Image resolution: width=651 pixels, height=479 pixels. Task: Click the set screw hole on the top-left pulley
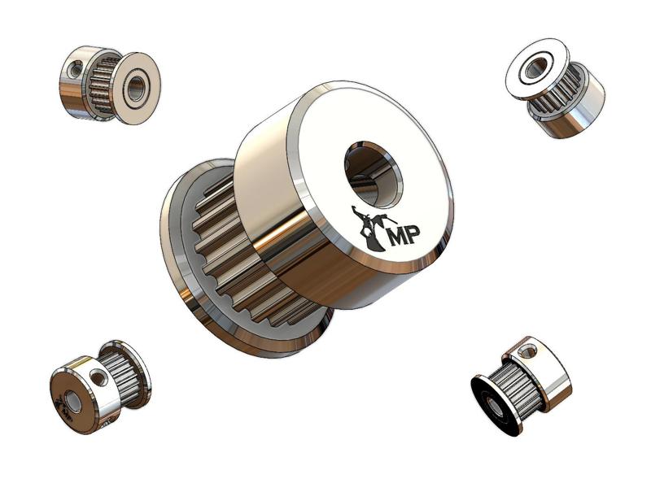[x=76, y=71]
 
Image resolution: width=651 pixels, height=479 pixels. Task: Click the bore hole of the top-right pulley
[x=535, y=68]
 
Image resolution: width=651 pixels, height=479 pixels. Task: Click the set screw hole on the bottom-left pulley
[x=99, y=377]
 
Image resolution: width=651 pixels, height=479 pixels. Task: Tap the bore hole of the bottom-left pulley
[x=73, y=401]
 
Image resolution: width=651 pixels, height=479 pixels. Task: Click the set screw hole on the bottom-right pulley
[x=526, y=352]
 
